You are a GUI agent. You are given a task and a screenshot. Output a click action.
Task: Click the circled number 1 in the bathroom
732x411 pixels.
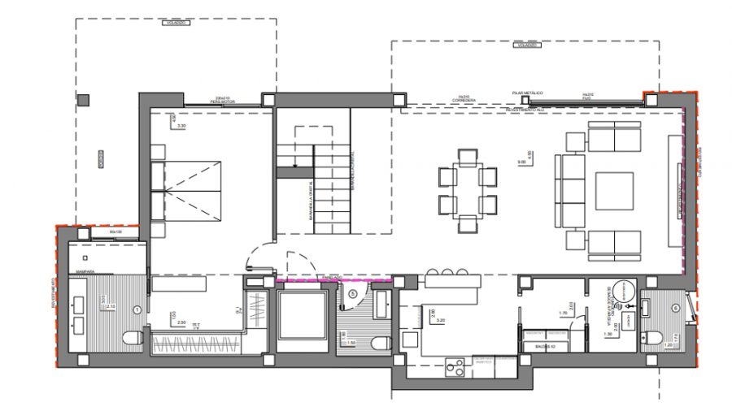137,309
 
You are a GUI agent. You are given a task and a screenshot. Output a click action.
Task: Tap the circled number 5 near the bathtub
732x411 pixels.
352,293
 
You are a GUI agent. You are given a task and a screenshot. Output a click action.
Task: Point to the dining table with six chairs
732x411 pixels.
467,189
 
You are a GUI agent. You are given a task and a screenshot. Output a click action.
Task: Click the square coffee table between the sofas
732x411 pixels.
613,191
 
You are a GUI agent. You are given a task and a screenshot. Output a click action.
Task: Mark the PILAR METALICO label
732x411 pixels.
528,94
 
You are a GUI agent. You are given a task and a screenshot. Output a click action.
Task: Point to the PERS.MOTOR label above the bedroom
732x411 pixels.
220,102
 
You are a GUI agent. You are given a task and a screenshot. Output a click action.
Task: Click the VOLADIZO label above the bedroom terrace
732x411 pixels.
176,24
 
